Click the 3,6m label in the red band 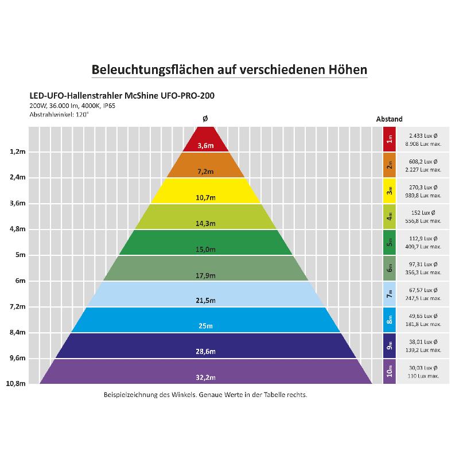pyautogui.click(x=205, y=146)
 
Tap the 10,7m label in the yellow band pyautogui.click(x=205, y=197)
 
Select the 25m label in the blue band pyautogui.click(x=205, y=326)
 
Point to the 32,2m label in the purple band pyautogui.click(x=205, y=377)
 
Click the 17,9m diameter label pyautogui.click(x=205, y=275)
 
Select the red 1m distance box pyautogui.click(x=390, y=139)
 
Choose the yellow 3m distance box pyautogui.click(x=390, y=191)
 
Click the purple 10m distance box pyautogui.click(x=390, y=371)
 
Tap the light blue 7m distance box pyautogui.click(x=390, y=294)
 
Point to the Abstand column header pyautogui.click(x=389, y=119)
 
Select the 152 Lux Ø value pyautogui.click(x=424, y=212)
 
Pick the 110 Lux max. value pyautogui.click(x=424, y=376)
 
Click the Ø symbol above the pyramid pyautogui.click(x=205, y=119)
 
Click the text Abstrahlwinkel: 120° pyautogui.click(x=59, y=114)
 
